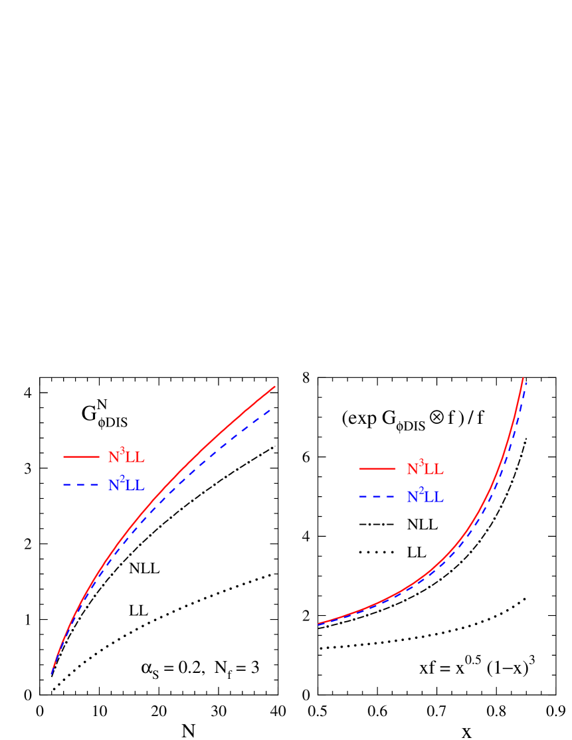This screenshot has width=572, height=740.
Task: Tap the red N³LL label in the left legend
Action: point(126,457)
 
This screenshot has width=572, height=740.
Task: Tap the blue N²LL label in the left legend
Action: point(126,485)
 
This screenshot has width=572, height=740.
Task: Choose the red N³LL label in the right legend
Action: point(425,469)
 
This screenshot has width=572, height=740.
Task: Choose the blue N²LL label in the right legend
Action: point(425,497)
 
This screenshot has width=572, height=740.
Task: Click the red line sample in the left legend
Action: point(81,457)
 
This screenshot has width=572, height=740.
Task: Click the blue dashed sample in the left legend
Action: point(81,485)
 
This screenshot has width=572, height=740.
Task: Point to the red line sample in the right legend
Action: point(377,469)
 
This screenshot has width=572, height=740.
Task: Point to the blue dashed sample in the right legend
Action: point(377,497)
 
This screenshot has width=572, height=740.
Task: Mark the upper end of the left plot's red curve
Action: point(274,387)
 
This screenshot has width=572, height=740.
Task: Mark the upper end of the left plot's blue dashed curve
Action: point(271,410)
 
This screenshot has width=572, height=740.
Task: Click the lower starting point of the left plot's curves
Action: point(51,674)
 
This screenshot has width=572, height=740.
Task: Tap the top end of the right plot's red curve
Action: point(524,379)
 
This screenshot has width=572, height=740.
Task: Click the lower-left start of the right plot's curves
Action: point(319,624)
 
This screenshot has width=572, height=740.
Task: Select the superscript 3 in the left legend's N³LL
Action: point(122,451)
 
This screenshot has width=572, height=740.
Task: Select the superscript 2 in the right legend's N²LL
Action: point(421,491)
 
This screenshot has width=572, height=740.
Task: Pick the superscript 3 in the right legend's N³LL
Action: point(421,463)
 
